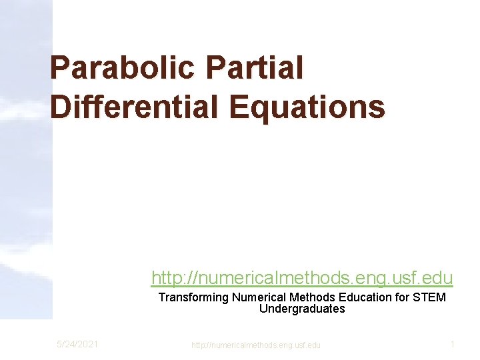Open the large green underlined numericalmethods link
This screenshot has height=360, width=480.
302,277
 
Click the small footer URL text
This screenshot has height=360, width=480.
255,345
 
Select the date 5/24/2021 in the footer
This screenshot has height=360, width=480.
77,344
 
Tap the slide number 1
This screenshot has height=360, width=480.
452,344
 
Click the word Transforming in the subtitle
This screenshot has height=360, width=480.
193,297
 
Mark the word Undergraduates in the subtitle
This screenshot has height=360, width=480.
302,309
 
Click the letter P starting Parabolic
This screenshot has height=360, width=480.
60,68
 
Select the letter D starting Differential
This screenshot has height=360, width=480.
61,107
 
